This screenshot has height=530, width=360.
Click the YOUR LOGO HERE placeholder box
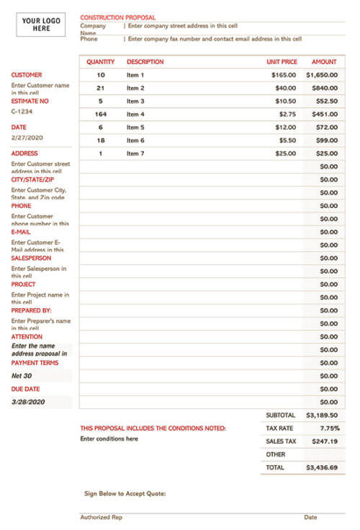(41, 24)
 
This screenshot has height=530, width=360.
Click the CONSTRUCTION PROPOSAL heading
(117, 17)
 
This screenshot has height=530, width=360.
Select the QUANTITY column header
(100, 62)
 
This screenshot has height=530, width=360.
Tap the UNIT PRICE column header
(282, 62)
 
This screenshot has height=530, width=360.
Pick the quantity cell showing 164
(100, 114)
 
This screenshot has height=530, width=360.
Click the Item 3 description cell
(135, 101)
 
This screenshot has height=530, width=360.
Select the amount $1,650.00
(321, 75)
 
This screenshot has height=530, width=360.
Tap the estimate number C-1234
(22, 112)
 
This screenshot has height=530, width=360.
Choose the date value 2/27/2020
(27, 138)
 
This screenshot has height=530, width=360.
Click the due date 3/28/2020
(28, 402)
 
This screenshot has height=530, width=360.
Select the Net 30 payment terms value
(22, 376)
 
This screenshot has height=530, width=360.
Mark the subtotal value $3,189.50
(321, 416)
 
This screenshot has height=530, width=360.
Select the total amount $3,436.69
(321, 467)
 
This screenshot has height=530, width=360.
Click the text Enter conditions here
(109, 439)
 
